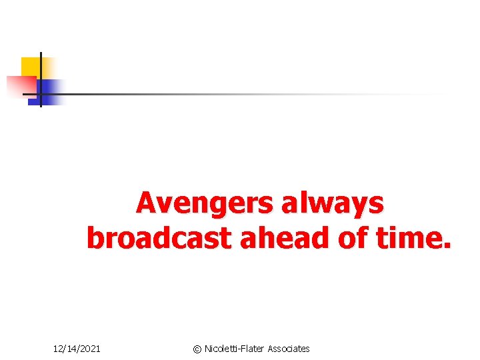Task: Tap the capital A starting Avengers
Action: click(146, 203)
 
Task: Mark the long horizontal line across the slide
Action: click(233, 94)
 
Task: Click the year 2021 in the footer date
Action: click(89, 349)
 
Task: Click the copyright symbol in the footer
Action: click(197, 349)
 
